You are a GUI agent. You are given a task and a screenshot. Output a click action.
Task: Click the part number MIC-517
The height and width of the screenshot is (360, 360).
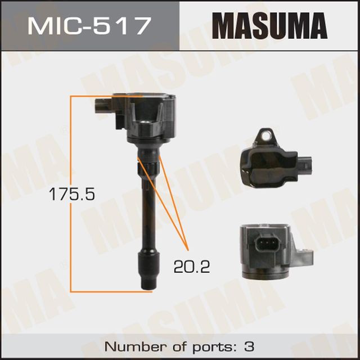[90, 25]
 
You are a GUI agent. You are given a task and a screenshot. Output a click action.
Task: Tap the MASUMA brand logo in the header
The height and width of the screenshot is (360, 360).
[269, 25]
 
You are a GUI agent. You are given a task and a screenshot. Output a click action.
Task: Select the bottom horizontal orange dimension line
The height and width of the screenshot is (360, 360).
[107, 291]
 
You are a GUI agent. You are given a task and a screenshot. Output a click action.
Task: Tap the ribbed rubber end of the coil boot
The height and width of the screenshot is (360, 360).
[147, 270]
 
